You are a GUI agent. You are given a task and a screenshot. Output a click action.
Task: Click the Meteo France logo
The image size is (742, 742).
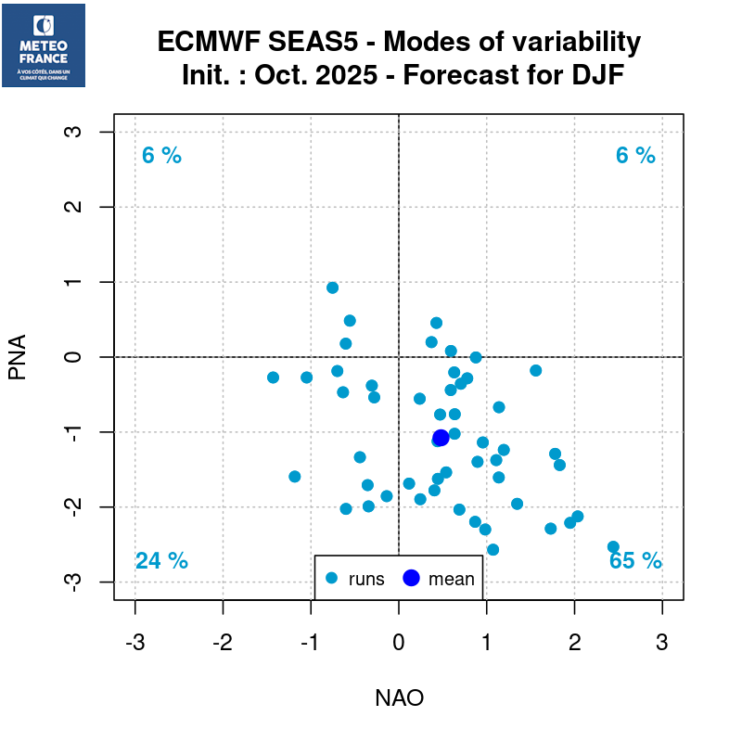[x=44, y=45]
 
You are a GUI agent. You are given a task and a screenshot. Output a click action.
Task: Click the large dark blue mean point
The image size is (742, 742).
[x=441, y=438]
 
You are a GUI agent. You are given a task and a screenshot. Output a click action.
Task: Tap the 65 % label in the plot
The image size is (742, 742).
[x=635, y=561]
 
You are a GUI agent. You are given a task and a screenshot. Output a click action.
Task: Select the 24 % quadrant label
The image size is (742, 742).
[x=161, y=561]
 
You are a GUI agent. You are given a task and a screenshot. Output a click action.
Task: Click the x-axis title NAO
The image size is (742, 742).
[x=399, y=698]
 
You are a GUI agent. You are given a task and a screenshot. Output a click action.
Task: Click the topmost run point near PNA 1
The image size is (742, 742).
[x=332, y=288]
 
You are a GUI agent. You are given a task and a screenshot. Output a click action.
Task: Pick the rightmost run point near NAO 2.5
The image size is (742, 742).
[x=613, y=547]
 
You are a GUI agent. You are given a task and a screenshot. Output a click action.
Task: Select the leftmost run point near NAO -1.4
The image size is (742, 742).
[x=273, y=377]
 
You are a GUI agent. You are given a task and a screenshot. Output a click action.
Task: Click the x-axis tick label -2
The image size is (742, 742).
[x=223, y=643]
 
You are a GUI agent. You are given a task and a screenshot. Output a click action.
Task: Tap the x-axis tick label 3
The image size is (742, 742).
[x=662, y=643]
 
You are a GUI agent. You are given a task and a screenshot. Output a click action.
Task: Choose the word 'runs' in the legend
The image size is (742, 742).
[x=366, y=580]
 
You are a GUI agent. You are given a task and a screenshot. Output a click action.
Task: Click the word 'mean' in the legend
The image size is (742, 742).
[x=451, y=580]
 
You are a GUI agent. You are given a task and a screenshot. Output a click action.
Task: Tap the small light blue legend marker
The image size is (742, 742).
[x=331, y=579]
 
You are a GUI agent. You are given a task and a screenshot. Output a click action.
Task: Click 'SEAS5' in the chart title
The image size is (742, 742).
[x=332, y=43]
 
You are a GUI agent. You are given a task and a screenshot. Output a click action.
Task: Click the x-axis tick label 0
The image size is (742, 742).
[x=399, y=643]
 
